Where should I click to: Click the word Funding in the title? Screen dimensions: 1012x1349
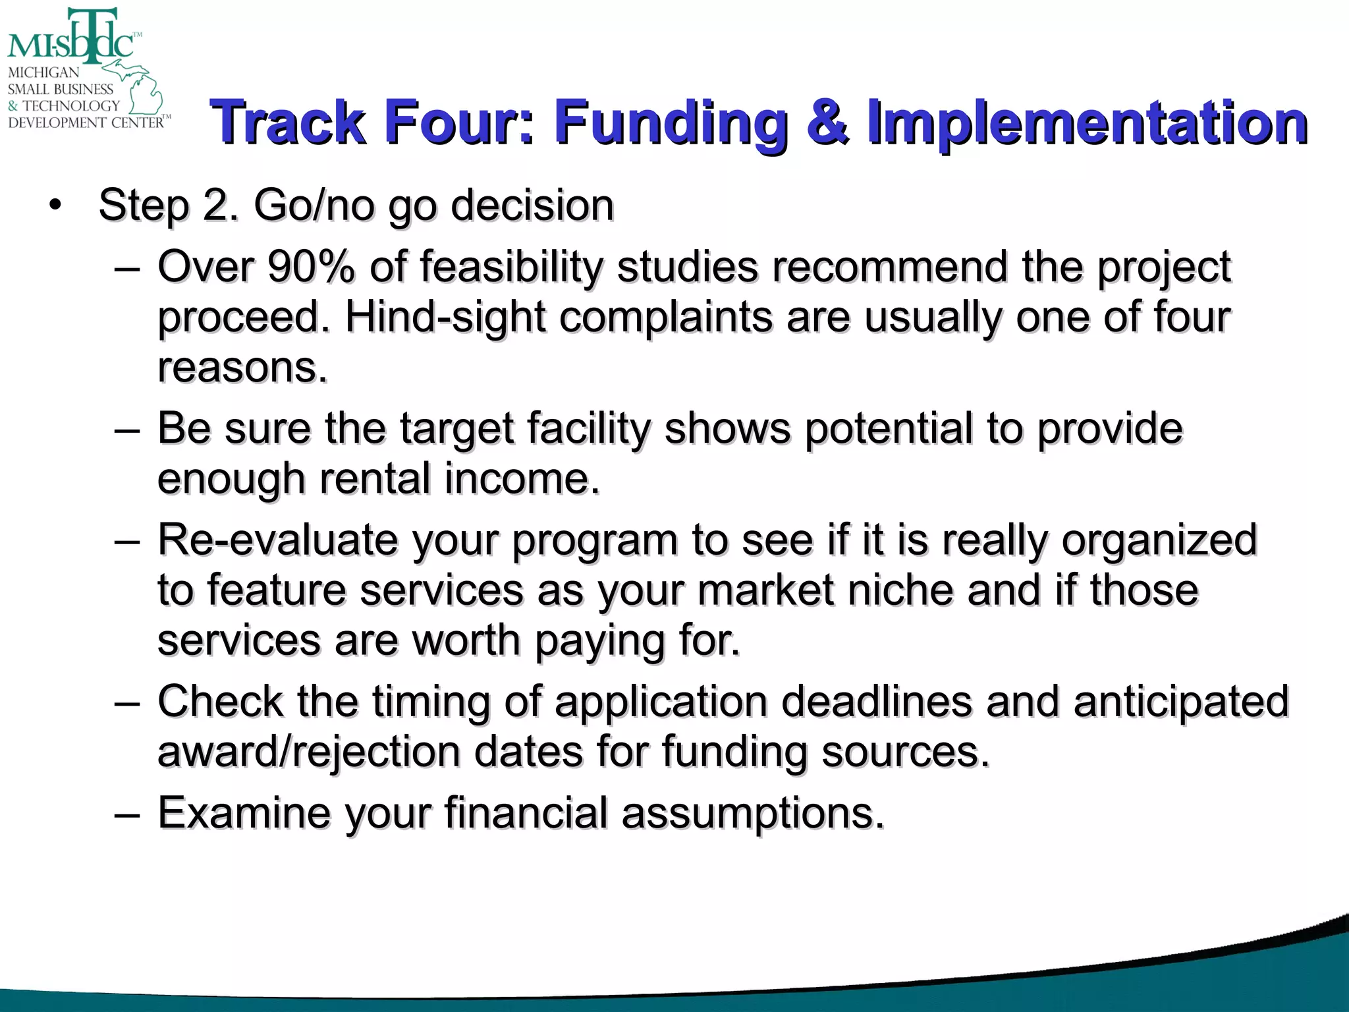tap(670, 122)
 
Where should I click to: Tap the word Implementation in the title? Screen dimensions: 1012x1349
tap(1087, 123)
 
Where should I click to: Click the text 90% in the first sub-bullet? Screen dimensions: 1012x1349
tap(311, 267)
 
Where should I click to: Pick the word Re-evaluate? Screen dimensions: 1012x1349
tap(277, 540)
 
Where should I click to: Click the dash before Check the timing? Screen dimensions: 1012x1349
tap(126, 702)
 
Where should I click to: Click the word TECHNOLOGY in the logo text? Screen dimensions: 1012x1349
tap(71, 105)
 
